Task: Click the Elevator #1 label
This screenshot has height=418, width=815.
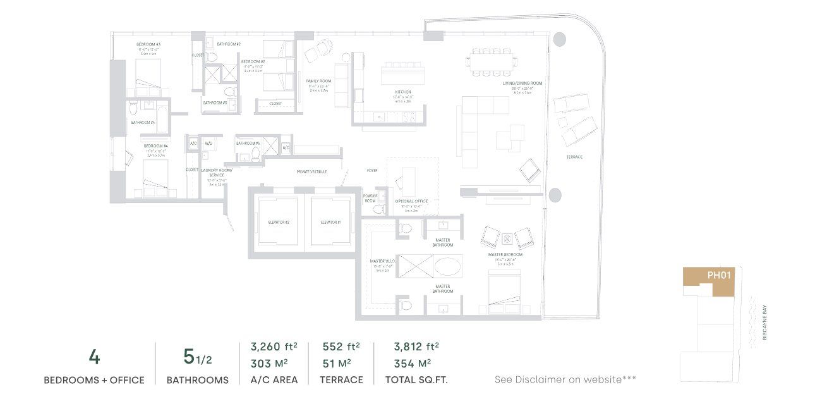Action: click(x=330, y=223)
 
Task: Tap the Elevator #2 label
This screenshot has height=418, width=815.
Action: click(x=278, y=223)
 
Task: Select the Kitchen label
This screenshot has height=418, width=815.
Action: click(x=403, y=92)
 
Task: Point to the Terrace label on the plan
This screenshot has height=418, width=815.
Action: click(x=574, y=157)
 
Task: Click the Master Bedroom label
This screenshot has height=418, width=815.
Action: click(x=504, y=255)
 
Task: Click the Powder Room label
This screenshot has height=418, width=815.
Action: click(x=370, y=199)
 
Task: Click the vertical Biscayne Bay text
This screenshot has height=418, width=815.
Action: click(x=765, y=323)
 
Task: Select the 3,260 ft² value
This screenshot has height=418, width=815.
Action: click(x=274, y=347)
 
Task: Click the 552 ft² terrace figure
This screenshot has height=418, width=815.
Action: click(x=341, y=347)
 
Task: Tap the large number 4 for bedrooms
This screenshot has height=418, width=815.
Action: click(x=94, y=357)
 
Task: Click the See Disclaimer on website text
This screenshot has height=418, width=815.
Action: click(x=565, y=379)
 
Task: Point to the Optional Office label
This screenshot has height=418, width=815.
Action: click(x=411, y=201)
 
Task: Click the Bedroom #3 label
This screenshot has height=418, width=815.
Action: click(x=148, y=44)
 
